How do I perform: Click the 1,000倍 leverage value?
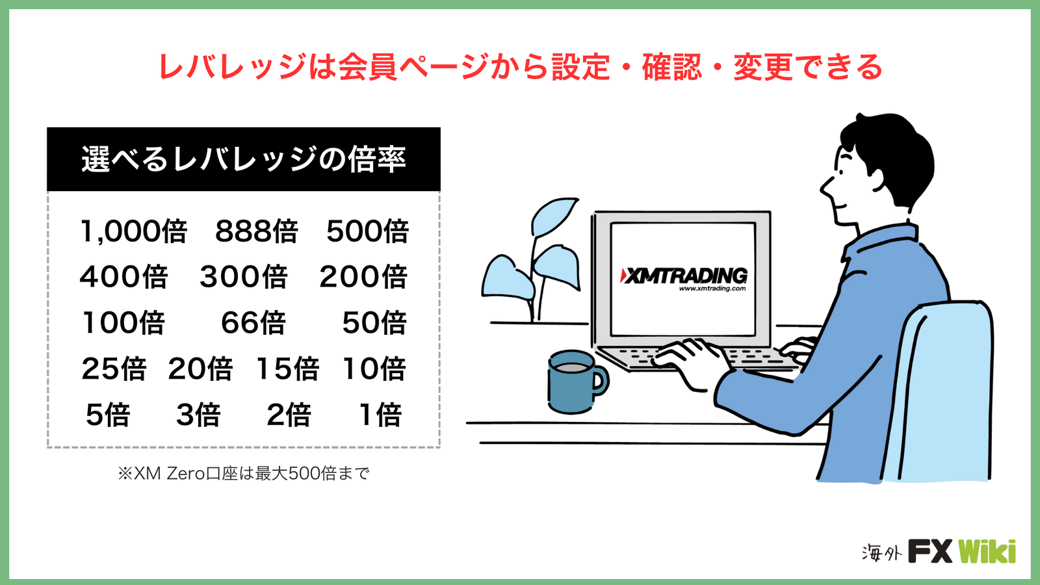pos(134,231)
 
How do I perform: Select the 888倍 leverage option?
pos(256,231)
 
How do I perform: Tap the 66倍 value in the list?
pos(253,322)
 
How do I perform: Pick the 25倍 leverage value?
pos(114,369)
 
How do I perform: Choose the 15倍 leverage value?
pos(287,369)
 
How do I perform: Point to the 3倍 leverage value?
pos(198,415)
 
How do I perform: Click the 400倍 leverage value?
pos(123,277)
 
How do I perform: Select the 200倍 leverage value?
pos(363,277)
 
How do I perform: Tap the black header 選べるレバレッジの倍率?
pos(244,159)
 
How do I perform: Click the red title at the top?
pos(520,67)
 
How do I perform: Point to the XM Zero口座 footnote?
pos(244,474)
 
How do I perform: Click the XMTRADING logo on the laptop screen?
pos(684,276)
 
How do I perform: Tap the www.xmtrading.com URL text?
pos(712,289)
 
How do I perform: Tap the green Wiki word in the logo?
pos(987,552)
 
